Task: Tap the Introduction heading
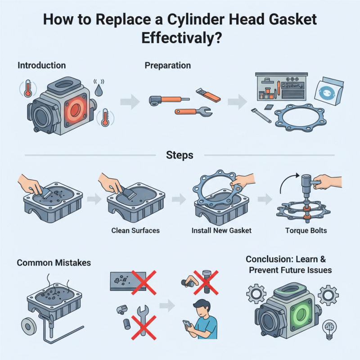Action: [41, 66]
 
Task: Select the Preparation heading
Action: [167, 66]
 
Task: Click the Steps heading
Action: [180, 155]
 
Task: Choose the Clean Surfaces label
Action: [135, 231]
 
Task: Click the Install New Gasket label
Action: [221, 231]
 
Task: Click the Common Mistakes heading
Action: [48, 262]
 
